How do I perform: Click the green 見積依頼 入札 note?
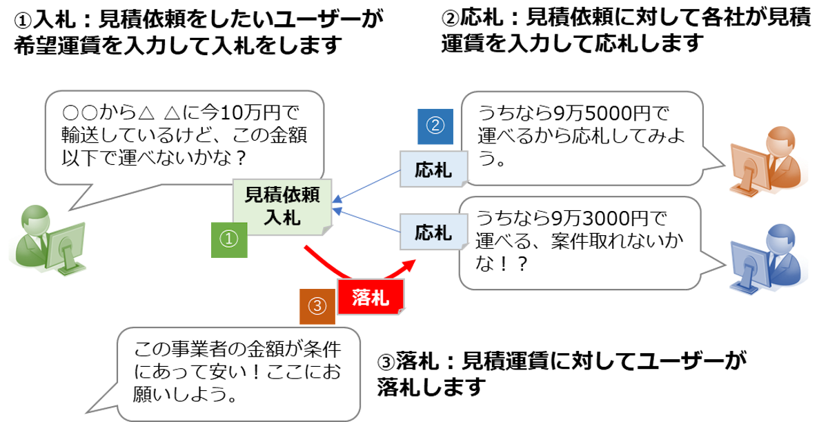click(282, 206)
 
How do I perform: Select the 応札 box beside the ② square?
click(433, 169)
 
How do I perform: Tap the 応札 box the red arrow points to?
click(433, 232)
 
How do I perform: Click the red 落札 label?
click(371, 297)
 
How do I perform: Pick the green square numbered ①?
click(228, 239)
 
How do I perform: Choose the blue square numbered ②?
click(435, 126)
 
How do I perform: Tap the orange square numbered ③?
click(317, 306)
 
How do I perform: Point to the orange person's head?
click(781, 141)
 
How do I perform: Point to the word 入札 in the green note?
click(282, 218)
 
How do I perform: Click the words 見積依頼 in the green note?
click(282, 195)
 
